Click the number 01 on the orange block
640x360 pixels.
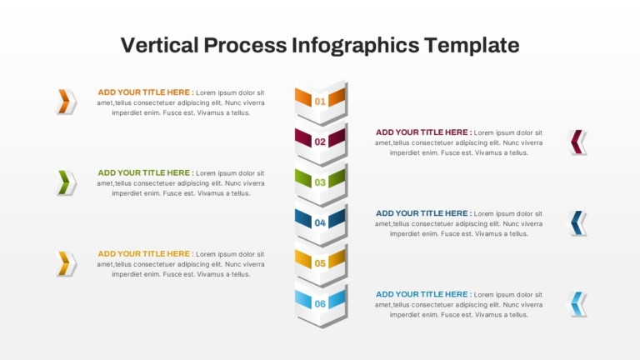coord(320,101)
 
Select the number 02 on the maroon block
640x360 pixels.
coord(320,142)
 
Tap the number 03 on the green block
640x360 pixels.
coord(320,182)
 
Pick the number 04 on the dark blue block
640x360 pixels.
coord(320,222)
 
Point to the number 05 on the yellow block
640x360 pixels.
coord(320,263)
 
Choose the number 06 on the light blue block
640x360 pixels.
coord(320,303)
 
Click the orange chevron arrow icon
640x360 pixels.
coord(65,101)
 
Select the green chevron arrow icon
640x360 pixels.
coord(65,182)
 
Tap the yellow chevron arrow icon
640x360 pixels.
coord(65,263)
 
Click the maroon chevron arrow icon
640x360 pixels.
coord(576,142)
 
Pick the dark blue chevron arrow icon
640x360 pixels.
coord(576,222)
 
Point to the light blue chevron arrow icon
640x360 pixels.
coord(576,303)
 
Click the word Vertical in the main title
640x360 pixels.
coord(160,45)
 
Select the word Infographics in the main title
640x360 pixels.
coord(356,46)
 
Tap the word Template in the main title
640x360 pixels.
coord(472,46)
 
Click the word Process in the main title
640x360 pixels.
coord(245,45)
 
